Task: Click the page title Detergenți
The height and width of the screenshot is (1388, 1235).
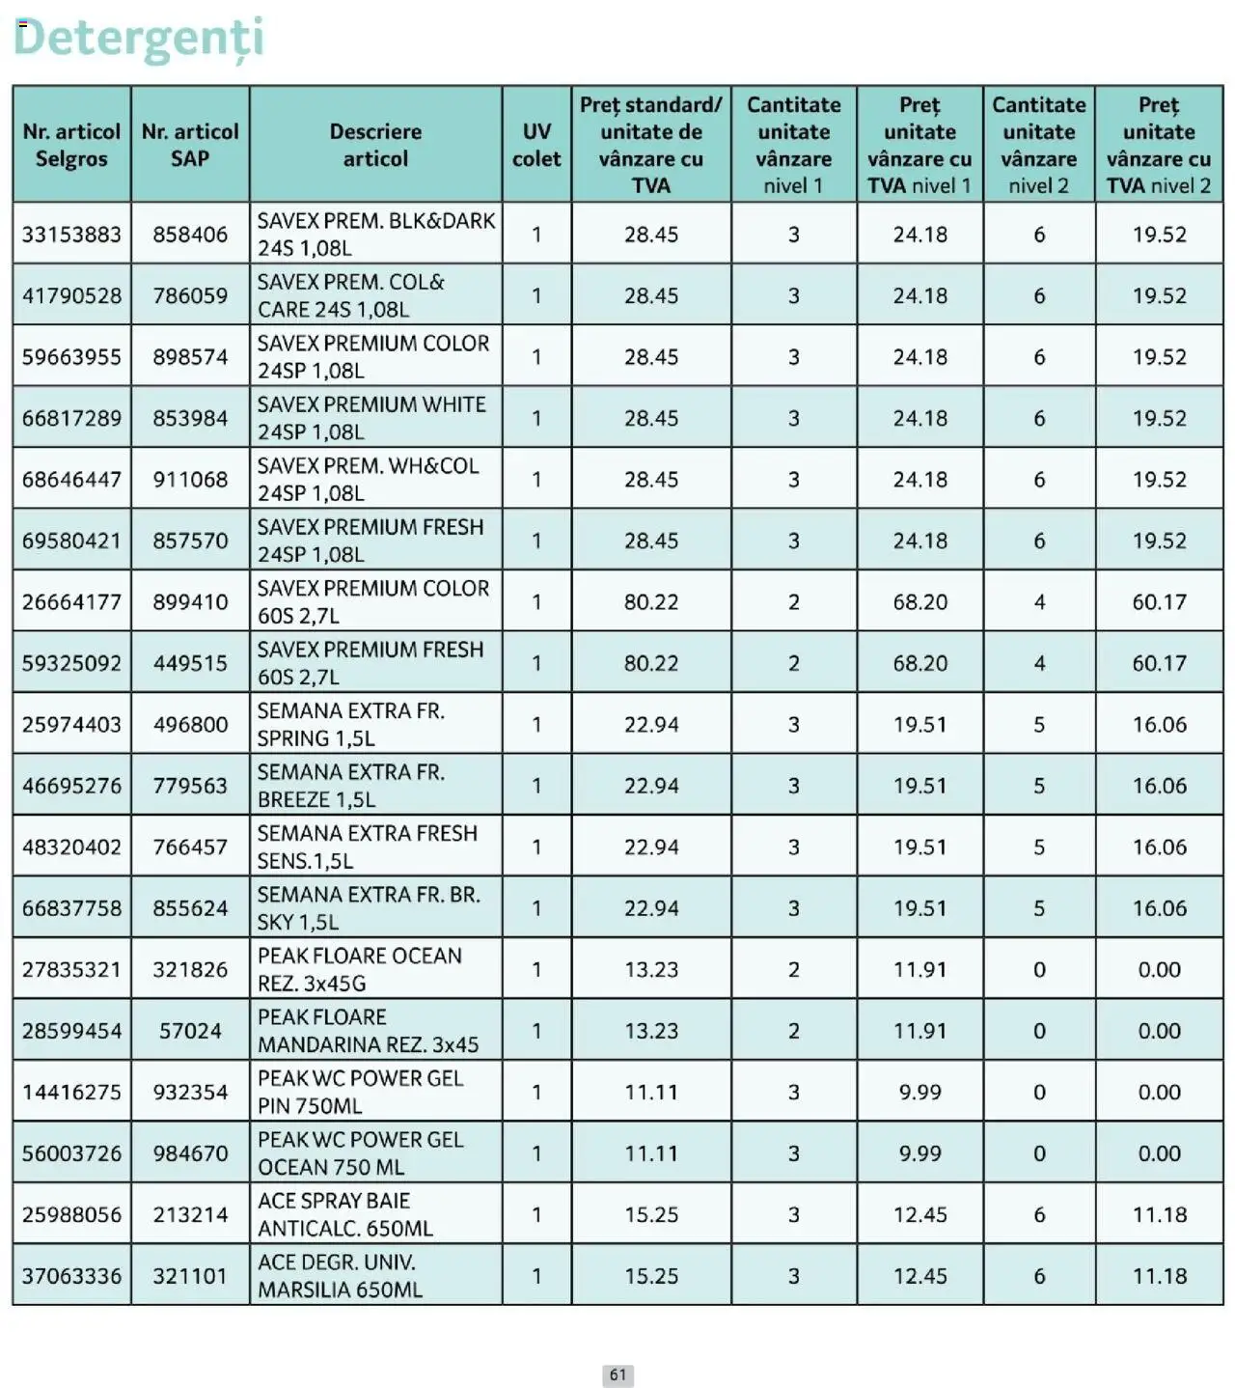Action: [138, 38]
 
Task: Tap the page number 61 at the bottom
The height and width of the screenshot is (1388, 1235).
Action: [617, 1374]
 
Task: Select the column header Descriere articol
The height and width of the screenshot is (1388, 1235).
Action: [375, 145]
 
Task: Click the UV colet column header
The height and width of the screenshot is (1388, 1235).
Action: [536, 145]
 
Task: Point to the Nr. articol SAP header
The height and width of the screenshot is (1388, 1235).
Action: [190, 145]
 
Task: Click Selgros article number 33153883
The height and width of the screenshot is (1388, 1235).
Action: [71, 235]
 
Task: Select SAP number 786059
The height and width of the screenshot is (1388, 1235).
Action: [190, 295]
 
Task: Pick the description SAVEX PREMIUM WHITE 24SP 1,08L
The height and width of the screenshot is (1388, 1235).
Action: [371, 418]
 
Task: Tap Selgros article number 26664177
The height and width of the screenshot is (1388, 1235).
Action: [71, 602]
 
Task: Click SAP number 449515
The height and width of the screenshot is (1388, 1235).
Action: [190, 663]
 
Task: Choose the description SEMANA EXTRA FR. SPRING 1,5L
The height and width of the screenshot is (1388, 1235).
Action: [351, 725]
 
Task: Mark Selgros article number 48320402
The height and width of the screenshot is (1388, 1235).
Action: [71, 847]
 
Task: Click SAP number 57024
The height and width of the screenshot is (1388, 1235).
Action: [190, 1031]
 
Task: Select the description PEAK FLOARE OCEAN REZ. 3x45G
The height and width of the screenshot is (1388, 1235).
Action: [360, 969]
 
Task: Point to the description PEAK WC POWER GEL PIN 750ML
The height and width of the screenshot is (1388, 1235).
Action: [360, 1092]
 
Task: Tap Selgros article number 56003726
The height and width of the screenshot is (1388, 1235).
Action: [71, 1153]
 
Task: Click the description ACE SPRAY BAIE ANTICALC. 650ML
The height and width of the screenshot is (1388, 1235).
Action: [344, 1214]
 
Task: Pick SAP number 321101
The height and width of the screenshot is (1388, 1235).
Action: [190, 1276]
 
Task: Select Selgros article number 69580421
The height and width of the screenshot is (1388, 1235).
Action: [71, 541]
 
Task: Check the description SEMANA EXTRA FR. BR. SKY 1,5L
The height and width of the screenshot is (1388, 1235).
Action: [368, 908]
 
